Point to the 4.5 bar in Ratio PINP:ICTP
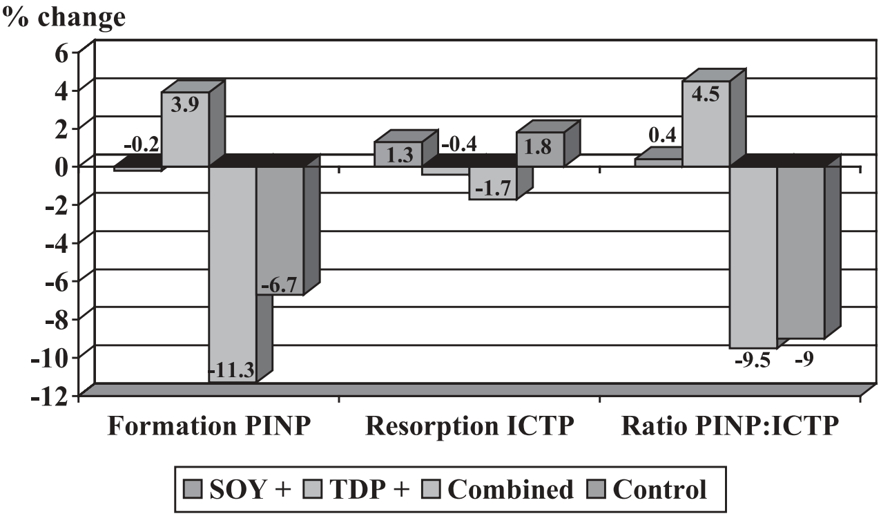[x=706, y=124]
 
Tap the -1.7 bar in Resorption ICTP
[x=492, y=182]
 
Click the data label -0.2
[x=142, y=144]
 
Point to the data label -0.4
[x=458, y=144]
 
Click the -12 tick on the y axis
[x=58, y=394]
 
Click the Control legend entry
[x=659, y=489]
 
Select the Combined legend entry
[x=510, y=489]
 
